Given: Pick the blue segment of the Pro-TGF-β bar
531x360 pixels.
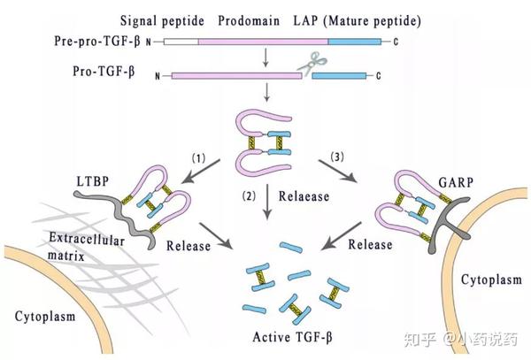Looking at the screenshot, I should pos(341,76).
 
